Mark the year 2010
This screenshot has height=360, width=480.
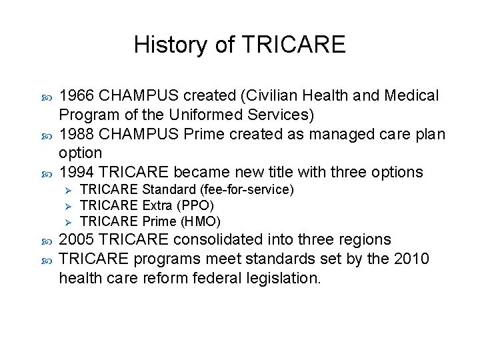point(413,258)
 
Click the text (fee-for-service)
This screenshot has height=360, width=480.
point(251,190)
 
